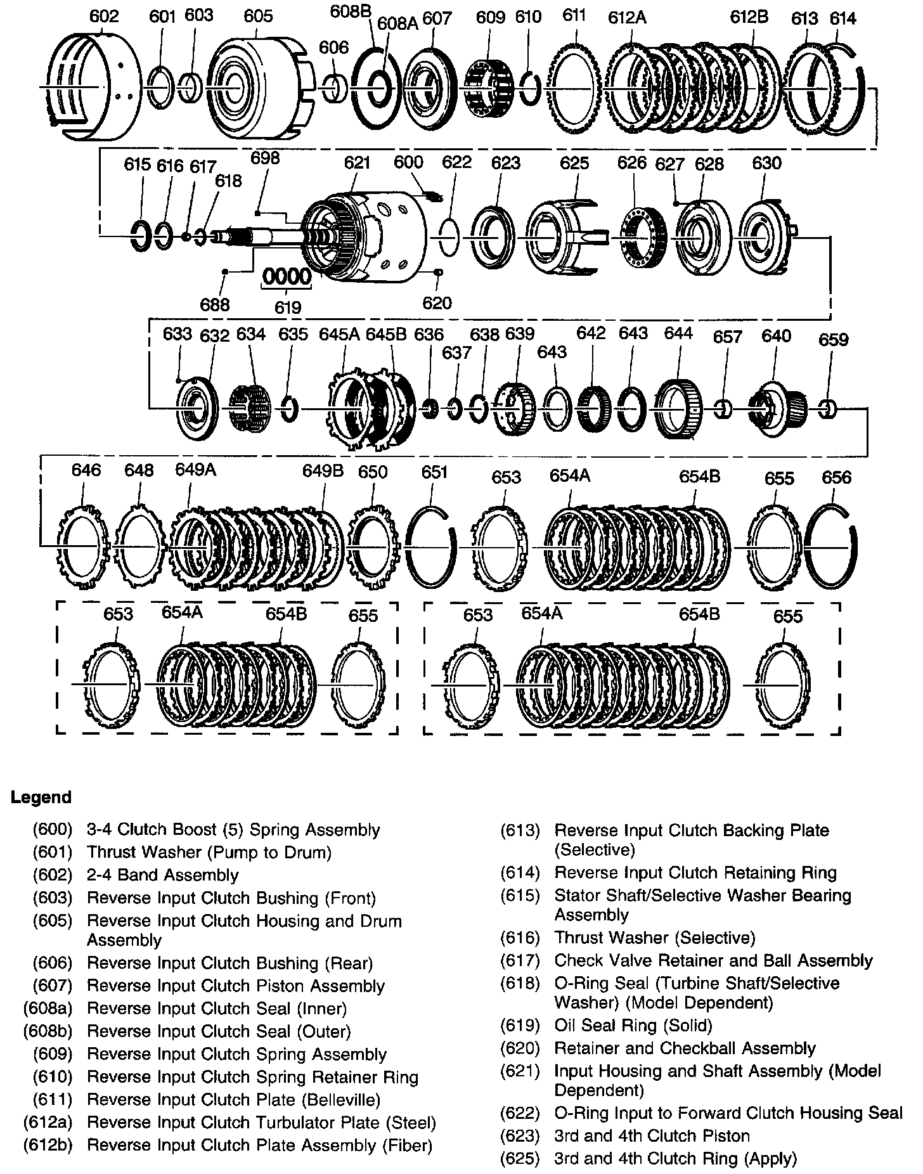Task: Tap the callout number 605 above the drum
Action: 257,16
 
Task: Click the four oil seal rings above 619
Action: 288,277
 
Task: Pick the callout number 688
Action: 215,305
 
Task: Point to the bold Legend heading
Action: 41,797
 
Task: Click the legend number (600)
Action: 53,830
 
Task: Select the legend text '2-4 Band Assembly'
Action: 162,875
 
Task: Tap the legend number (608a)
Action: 48,1009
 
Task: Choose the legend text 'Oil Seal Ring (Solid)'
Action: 633,1025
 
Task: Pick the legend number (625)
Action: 520,1158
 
